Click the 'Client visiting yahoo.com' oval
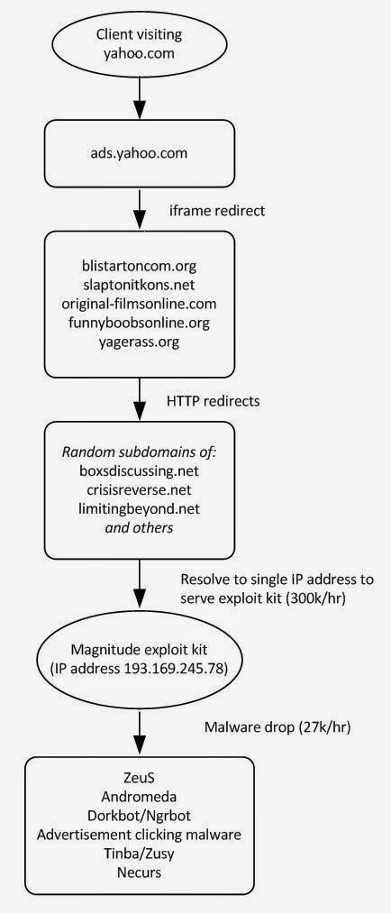pyautogui.click(x=139, y=44)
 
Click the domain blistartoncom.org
pyautogui.click(x=139, y=266)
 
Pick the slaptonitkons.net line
pyautogui.click(x=139, y=286)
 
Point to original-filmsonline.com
pyautogui.click(x=139, y=304)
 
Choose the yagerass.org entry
pyautogui.click(x=139, y=342)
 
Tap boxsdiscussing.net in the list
pyautogui.click(x=139, y=471)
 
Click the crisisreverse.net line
pyautogui.click(x=139, y=490)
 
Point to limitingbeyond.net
pyautogui.click(x=139, y=509)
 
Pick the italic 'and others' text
pyautogui.click(x=139, y=527)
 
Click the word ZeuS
pyautogui.click(x=139, y=779)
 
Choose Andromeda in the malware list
pyautogui.click(x=139, y=797)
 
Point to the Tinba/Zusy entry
pyautogui.click(x=139, y=854)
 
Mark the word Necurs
pyautogui.click(x=139, y=872)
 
